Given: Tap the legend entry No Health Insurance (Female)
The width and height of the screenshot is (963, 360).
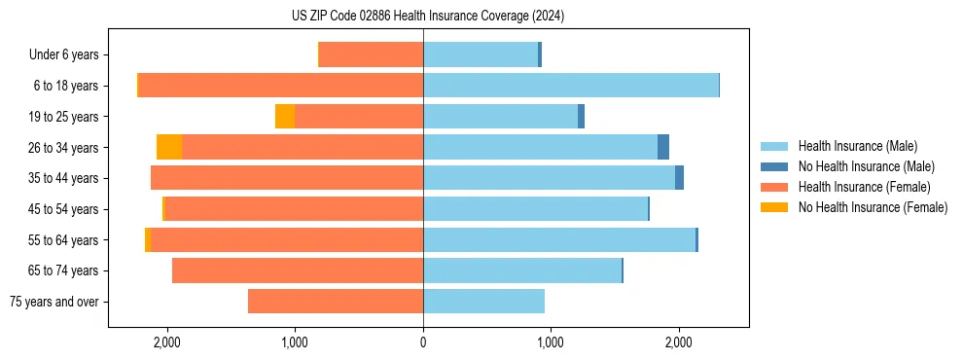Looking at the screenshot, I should click(x=872, y=207).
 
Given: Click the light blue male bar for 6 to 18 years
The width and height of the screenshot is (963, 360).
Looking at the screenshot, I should click(x=570, y=86).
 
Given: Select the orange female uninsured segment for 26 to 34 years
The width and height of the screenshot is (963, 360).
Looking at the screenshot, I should click(x=169, y=147).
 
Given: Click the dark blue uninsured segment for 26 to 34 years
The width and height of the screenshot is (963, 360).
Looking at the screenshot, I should click(x=663, y=147).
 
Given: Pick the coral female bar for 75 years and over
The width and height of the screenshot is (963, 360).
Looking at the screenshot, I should click(x=336, y=302).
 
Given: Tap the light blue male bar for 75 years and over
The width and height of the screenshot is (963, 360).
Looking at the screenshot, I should click(x=483, y=302).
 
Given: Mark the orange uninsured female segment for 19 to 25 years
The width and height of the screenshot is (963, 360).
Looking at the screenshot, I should click(x=285, y=117).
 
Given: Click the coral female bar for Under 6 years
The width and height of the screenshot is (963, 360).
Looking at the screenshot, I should click(x=371, y=55).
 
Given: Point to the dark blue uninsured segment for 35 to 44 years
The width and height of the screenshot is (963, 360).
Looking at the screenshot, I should click(x=679, y=178).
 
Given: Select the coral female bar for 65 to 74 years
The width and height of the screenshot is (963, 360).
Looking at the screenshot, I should click(x=298, y=270).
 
